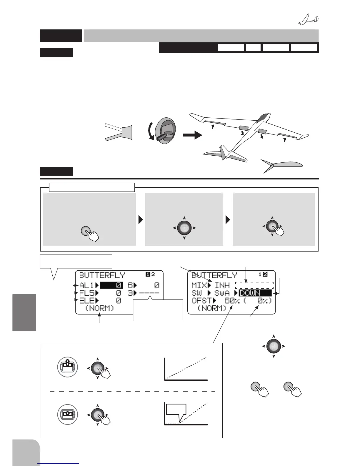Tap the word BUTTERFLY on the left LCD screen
pos(102,275)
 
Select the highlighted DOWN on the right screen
pos(255,293)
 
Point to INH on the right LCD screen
pos(222,285)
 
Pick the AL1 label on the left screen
pos(87,285)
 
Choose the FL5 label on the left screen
pos(87,293)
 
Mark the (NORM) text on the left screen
pos(99,308)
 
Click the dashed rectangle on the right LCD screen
pos(254,285)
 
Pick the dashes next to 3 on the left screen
pos(149,293)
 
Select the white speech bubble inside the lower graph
pos(176,411)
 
